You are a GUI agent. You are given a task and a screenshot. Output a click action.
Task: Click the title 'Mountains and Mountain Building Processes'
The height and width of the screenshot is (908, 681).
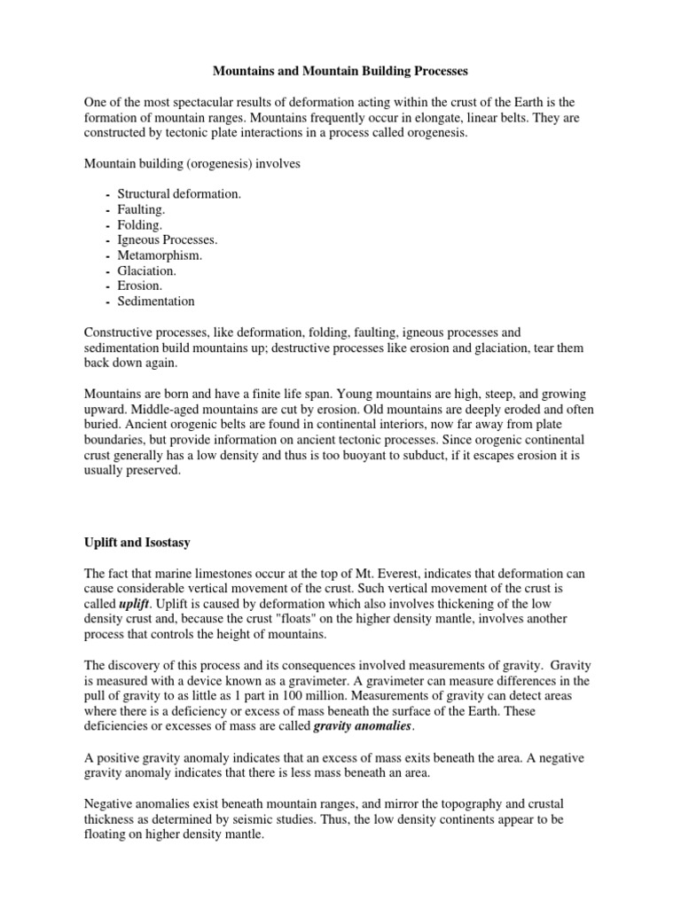point(340,68)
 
